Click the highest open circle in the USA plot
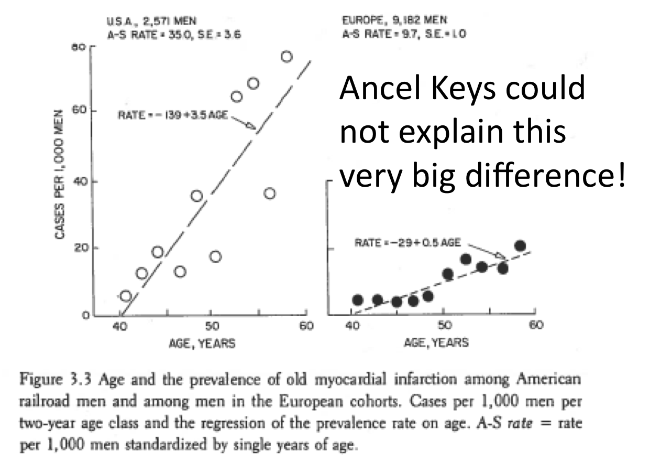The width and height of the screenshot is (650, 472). [x=287, y=57]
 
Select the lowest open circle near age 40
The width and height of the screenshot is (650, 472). [x=126, y=296]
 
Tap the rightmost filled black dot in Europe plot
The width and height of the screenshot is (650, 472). [x=520, y=246]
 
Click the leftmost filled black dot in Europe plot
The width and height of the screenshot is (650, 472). [x=358, y=300]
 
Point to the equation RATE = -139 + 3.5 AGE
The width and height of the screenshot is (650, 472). [x=172, y=115]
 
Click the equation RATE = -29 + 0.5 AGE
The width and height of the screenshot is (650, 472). [x=407, y=242]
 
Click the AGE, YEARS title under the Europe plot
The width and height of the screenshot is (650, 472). [x=436, y=343]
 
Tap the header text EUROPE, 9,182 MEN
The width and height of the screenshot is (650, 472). [x=394, y=22]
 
